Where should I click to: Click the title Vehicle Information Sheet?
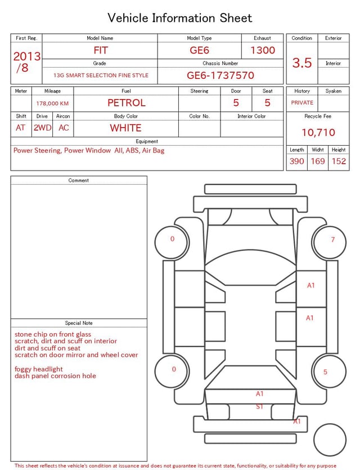tap(180, 18)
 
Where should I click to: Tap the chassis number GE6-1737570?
tap(220, 75)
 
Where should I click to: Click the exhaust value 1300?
tap(263, 50)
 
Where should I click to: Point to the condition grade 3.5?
tap(302, 63)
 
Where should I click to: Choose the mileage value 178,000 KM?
tap(52, 104)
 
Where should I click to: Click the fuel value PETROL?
tap(126, 103)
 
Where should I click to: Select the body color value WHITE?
tap(125, 128)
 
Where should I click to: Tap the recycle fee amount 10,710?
tap(318, 132)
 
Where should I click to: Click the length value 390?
tap(296, 161)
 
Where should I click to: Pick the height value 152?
tap(339, 161)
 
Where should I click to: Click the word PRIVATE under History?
tap(302, 103)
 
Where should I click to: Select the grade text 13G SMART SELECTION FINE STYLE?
tap(101, 75)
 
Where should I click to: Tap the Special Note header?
tap(79, 323)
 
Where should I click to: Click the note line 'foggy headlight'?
tap(39, 369)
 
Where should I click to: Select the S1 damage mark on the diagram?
tap(259, 406)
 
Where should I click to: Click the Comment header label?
tap(79, 181)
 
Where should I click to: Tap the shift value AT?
tap(21, 128)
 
